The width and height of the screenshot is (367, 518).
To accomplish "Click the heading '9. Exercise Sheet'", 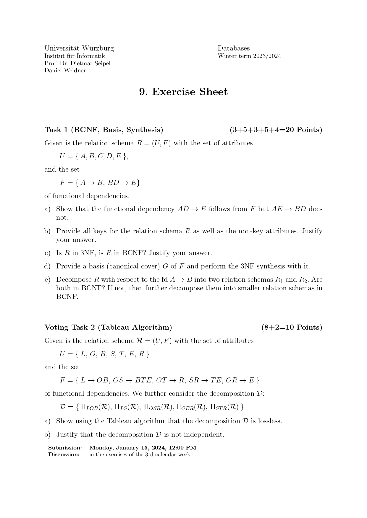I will point(183,92).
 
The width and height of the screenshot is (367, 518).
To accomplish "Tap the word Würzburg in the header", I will point(98,48).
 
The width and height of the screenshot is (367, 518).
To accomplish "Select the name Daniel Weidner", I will point(65,71).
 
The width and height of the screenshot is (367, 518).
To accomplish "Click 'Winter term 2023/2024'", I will point(249,56).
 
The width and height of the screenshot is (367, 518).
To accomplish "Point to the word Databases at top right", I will point(234,48).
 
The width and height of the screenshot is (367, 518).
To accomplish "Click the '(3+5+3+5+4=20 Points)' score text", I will point(276,130).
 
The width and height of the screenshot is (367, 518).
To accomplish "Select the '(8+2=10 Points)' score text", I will point(292,327).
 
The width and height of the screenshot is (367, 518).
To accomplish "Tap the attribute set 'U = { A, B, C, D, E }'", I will point(94,156).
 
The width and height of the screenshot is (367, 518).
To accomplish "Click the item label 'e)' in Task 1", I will point(47,280).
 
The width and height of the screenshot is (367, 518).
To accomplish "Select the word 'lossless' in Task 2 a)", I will point(269,421).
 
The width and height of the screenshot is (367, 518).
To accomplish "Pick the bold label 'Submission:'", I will point(65,448).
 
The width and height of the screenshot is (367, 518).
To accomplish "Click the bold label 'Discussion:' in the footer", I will point(64,455).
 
